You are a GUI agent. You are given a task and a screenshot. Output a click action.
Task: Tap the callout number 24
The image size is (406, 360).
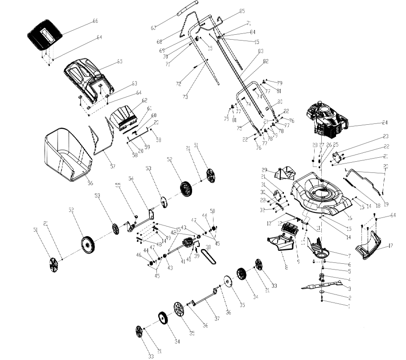pyautogui.click(x=385, y=122)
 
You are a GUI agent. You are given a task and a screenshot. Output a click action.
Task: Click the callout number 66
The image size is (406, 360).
pyautogui.click(x=95, y=21)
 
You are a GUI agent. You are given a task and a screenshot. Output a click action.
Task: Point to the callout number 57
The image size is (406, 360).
pyautogui.click(x=112, y=167)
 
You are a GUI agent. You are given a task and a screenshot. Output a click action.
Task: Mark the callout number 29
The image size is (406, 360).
pyautogui.click(x=264, y=170)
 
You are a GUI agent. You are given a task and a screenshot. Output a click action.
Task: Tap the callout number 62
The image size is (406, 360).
pyautogui.click(x=144, y=101)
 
